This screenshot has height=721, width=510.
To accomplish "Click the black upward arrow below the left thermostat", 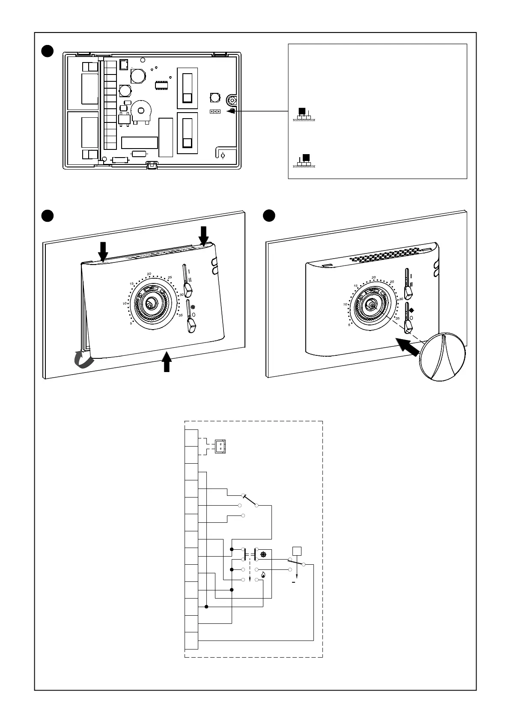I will point(167,361).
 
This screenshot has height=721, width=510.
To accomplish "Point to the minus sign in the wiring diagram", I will point(294,583).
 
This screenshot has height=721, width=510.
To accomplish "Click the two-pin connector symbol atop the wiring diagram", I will point(220,446).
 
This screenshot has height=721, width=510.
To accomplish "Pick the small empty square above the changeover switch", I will point(296,551).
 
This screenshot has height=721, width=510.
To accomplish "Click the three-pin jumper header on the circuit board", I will point(215,111).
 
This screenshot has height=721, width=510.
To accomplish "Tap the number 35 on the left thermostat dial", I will point(181,315).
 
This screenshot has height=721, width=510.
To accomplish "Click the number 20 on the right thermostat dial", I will point(374,277).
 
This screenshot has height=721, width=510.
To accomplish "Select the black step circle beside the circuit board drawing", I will point(47,51).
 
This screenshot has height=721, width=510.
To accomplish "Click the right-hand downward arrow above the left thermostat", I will point(204,234).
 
